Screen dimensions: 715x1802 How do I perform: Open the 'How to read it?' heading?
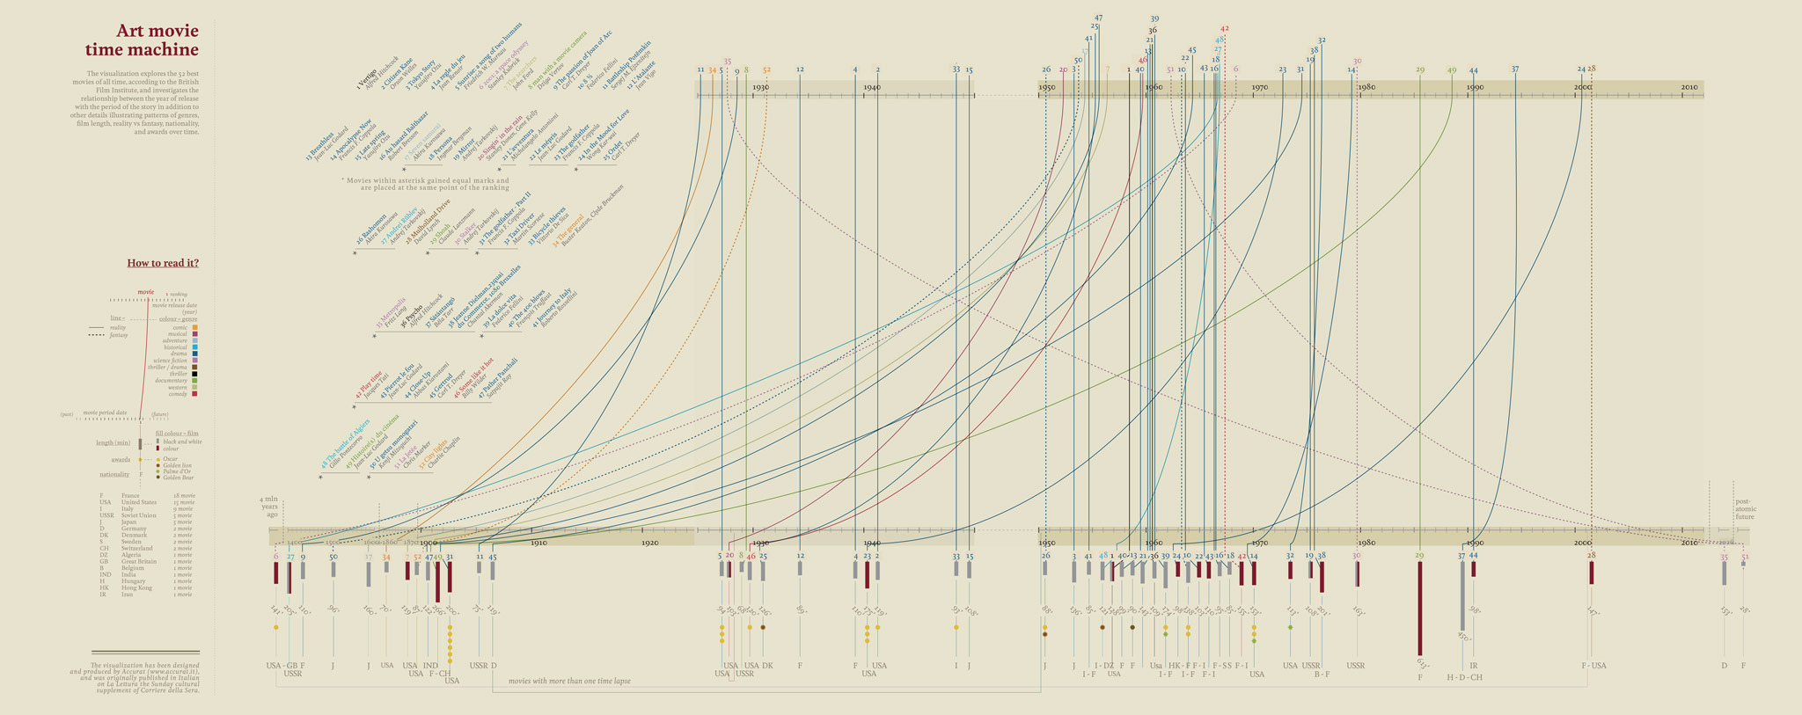coord(163,263)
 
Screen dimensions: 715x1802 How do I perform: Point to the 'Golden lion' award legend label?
coord(176,465)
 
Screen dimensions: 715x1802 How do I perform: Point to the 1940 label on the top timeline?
coord(872,88)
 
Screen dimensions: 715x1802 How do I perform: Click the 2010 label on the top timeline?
coord(1689,88)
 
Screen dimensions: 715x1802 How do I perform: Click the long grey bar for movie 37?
coord(1462,595)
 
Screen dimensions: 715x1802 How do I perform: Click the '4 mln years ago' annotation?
coord(268,507)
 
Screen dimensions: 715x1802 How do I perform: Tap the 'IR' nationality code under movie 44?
coord(1474,666)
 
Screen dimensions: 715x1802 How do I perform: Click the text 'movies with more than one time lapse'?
coord(569,681)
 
